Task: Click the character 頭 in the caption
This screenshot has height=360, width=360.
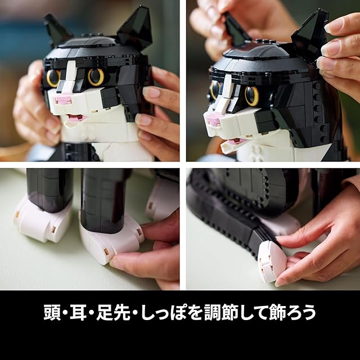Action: click(52, 313)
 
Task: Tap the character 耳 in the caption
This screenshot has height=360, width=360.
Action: click(78, 313)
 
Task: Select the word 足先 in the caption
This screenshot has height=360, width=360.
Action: click(113, 313)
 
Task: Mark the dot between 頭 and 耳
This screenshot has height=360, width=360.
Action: click(65, 313)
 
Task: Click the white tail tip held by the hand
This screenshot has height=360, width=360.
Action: click(271, 261)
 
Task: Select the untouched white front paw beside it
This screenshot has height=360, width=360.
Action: click(43, 220)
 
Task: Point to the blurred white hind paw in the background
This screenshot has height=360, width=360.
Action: click(162, 200)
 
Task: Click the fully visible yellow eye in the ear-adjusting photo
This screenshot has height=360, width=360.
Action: click(251, 96)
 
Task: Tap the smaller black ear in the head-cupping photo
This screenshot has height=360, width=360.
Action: click(57, 29)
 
